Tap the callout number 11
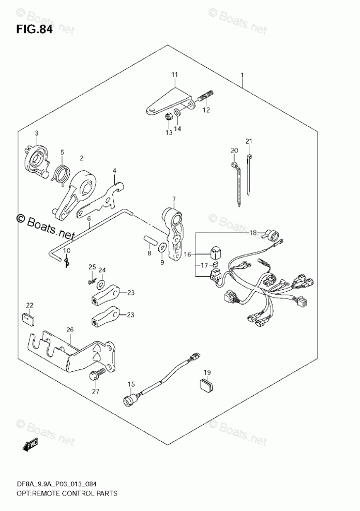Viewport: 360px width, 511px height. [174, 76]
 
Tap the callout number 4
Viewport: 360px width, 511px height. [114, 171]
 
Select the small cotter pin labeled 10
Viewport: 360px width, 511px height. [67, 263]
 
